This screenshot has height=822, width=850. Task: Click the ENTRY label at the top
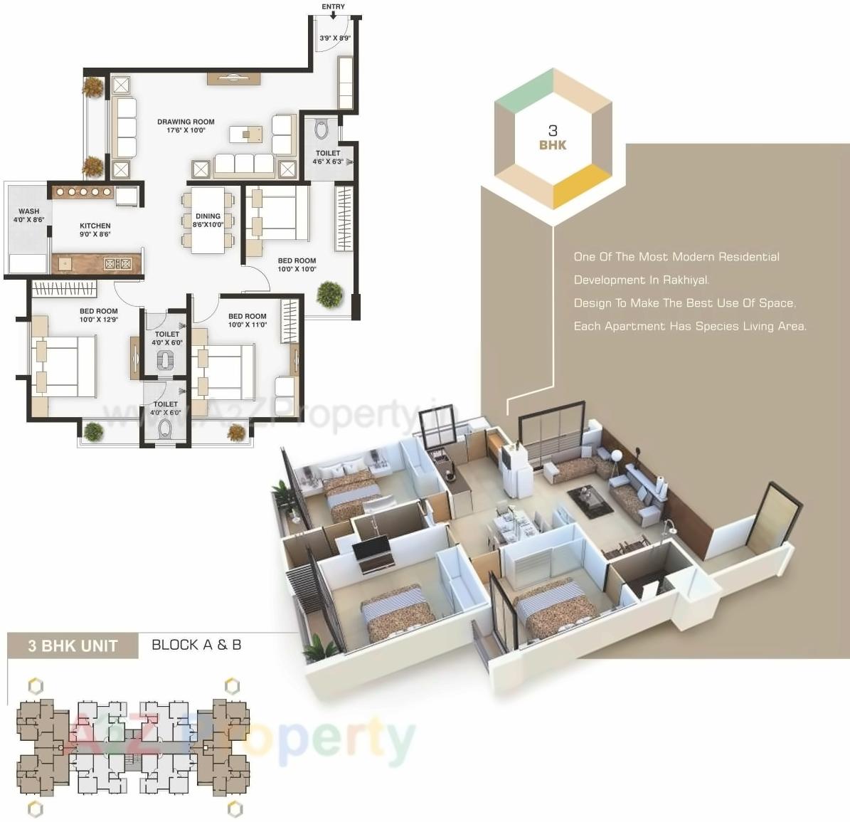(333, 6)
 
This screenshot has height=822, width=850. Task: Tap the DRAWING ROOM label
(186, 122)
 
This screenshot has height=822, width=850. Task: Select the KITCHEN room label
(95, 226)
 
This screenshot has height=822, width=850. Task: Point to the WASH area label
(29, 211)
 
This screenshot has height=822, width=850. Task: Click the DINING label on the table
(208, 216)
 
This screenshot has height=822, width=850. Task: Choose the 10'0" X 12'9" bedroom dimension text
(99, 320)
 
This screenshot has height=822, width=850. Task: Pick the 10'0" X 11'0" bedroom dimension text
(248, 325)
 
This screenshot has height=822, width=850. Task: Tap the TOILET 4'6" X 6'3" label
(328, 157)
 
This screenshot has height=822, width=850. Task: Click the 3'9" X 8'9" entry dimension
(334, 38)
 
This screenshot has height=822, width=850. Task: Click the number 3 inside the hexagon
(553, 130)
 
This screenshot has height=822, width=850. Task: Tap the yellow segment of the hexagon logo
(581, 187)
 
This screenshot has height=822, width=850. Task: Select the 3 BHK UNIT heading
(73, 646)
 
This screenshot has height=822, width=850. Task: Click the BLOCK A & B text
(196, 645)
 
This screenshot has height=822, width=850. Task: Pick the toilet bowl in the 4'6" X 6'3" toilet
(322, 130)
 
